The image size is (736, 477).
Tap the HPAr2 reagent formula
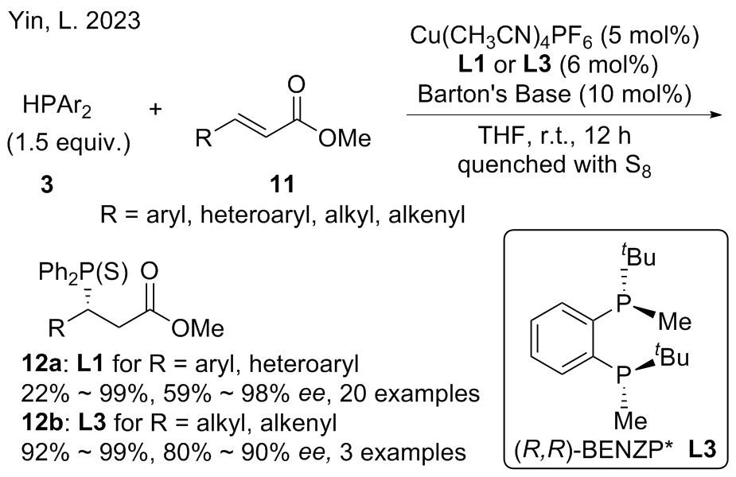(x=56, y=104)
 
